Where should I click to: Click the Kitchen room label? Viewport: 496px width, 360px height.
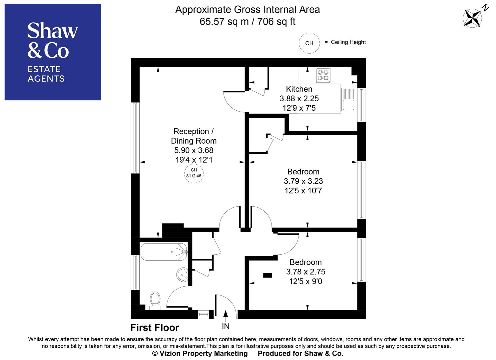click(299, 89)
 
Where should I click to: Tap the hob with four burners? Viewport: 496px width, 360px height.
click(323, 75)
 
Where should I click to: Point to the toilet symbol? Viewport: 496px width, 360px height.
click(155, 300)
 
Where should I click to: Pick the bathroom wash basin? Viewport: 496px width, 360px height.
click(182, 274)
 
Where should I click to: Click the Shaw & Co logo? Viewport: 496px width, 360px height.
click(53, 52)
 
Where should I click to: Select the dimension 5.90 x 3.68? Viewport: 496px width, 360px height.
click(194, 150)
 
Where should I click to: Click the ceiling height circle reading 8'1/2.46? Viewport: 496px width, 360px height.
click(194, 173)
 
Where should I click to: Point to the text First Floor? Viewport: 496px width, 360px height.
click(155, 328)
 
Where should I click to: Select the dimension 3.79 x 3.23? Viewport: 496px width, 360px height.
click(303, 181)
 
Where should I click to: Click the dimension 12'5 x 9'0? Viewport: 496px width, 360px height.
click(305, 282)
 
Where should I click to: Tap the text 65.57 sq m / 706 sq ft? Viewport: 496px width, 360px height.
click(247, 22)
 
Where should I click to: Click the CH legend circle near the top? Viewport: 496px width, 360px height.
click(309, 43)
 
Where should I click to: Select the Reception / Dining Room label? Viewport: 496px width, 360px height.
click(194, 136)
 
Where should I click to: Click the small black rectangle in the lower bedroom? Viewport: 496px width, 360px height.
click(267, 275)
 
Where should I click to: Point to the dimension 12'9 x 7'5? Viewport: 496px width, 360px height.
click(299, 108)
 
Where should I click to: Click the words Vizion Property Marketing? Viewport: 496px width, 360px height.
click(204, 354)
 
